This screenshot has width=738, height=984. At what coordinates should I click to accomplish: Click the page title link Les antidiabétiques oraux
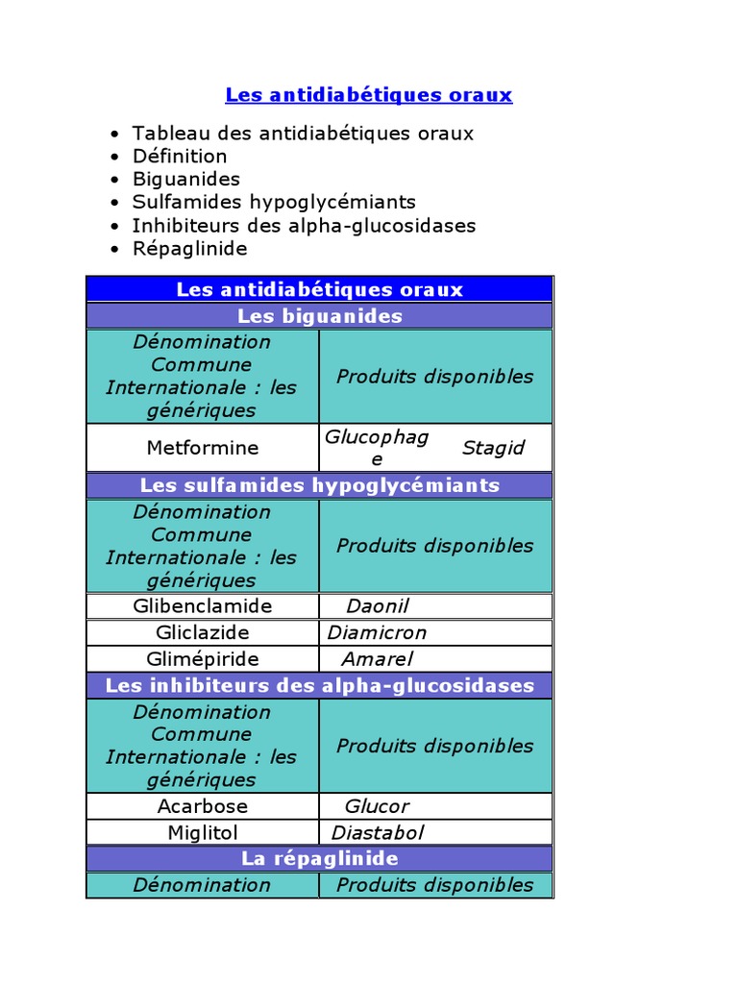click(x=368, y=95)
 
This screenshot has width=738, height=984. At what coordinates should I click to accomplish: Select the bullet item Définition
click(x=180, y=156)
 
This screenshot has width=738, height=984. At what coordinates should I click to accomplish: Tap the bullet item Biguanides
click(x=186, y=179)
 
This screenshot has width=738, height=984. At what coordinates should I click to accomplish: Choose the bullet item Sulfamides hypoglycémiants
click(x=274, y=202)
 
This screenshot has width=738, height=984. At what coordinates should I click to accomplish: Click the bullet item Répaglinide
click(x=189, y=248)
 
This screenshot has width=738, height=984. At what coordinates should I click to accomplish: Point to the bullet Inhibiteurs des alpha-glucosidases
click(x=304, y=225)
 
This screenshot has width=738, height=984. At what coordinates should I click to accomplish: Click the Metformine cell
click(x=202, y=448)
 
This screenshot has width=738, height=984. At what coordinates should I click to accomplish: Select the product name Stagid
click(x=493, y=448)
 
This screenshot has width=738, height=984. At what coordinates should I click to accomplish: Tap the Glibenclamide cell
click(x=202, y=606)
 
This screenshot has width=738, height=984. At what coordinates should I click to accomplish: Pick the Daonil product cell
click(x=378, y=606)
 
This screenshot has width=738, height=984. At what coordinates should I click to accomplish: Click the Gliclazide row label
click(x=202, y=632)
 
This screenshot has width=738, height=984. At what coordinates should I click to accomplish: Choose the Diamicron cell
click(x=377, y=632)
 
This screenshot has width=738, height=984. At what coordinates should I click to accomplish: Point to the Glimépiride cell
click(x=202, y=658)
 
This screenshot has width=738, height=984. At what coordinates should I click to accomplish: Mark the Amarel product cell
click(x=378, y=658)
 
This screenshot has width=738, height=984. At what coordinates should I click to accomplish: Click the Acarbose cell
click(x=202, y=806)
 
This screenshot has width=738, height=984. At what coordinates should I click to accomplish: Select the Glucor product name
click(x=377, y=806)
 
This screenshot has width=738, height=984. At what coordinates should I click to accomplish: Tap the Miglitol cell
click(x=202, y=832)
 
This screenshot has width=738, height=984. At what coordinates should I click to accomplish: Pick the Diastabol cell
click(x=377, y=832)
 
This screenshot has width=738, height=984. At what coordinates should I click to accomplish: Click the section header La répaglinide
click(x=319, y=858)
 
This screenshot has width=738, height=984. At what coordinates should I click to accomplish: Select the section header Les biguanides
click(x=319, y=316)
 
